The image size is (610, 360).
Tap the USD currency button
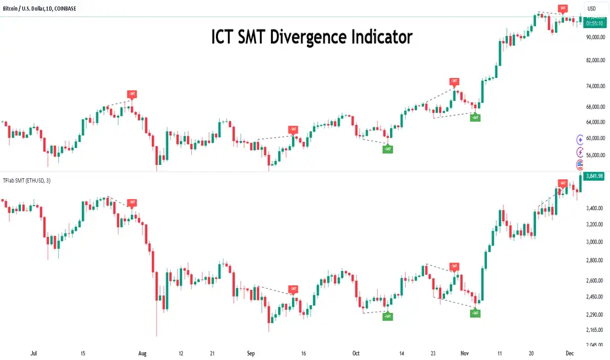click(592, 9)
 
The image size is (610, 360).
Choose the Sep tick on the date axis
click(251, 351)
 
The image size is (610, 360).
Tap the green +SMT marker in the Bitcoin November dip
click(476, 118)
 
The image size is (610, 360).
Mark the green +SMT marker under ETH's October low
click(388, 317)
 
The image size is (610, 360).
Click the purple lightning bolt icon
click(580, 152)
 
